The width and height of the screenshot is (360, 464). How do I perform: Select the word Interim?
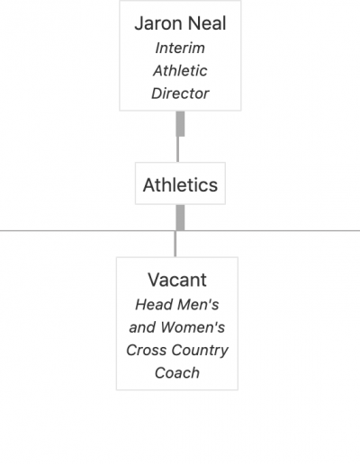[180, 48]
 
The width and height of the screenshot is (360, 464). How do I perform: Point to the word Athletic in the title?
[180, 71]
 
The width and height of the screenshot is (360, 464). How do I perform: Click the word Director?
[180, 94]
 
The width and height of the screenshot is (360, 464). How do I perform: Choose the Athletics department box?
[180, 183]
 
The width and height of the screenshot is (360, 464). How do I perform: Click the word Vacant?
[177, 280]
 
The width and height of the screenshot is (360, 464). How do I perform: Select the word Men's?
[198, 305]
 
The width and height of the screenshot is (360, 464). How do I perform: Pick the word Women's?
[193, 327]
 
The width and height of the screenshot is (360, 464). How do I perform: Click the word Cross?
[146, 350]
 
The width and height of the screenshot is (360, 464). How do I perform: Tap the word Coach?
[177, 373]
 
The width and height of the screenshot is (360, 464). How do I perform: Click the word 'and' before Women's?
[142, 327]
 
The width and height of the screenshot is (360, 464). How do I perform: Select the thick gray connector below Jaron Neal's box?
[180, 124]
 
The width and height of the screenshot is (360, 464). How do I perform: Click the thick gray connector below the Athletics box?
[180, 218]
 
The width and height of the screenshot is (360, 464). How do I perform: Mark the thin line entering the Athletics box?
[178, 149]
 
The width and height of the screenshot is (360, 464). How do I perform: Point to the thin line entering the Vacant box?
[175, 244]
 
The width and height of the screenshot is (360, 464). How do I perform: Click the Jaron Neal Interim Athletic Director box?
[180, 56]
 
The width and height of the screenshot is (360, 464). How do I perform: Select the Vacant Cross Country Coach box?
[177, 324]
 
